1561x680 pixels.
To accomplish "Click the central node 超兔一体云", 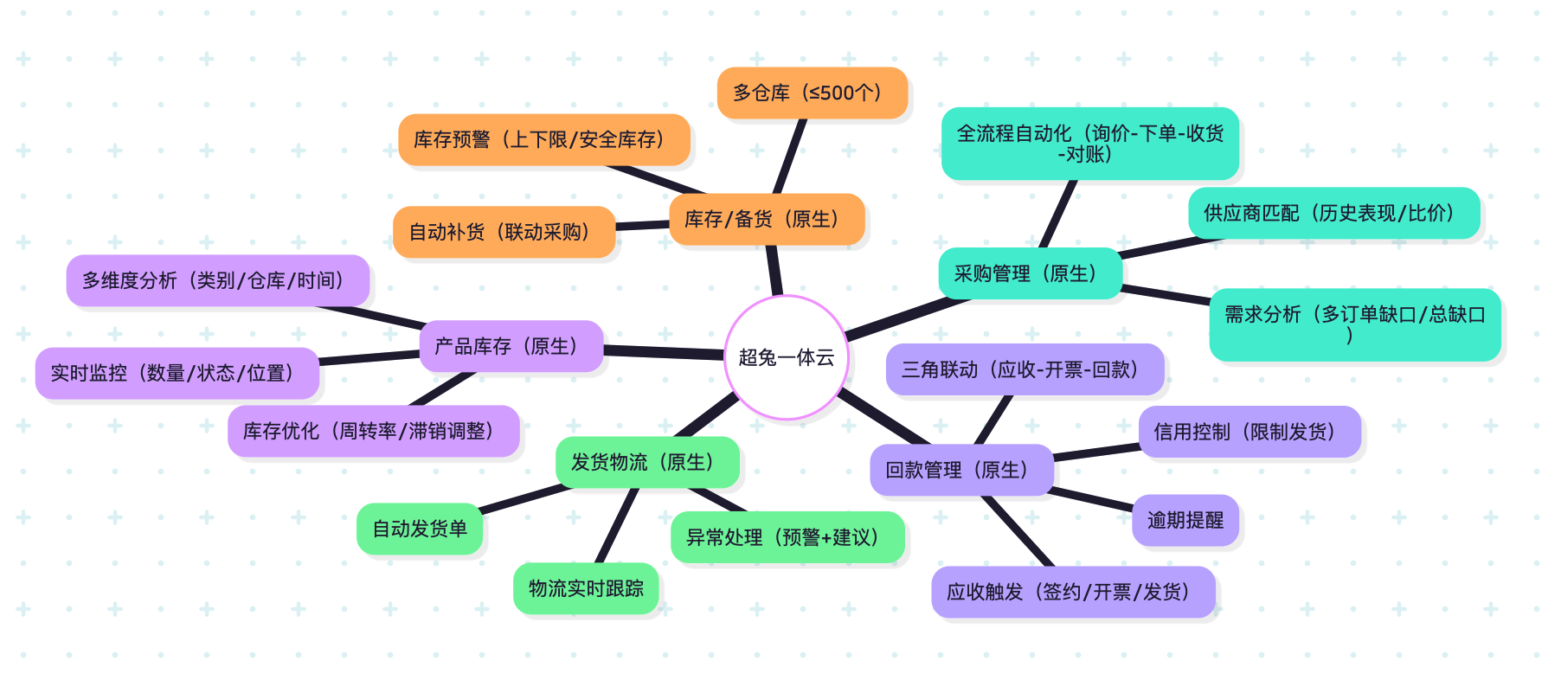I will [x=786, y=357].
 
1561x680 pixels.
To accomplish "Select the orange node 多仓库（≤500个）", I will [x=812, y=93].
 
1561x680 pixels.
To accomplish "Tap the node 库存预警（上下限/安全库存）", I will [x=543, y=139].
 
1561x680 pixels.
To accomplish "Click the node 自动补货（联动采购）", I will [x=504, y=232].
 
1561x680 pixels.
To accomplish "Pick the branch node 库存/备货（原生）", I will [x=766, y=219].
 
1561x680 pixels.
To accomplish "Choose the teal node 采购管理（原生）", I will [x=1030, y=273].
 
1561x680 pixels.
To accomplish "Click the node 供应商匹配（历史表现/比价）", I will [x=1333, y=213].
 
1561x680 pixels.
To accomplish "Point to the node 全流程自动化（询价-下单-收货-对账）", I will [x=1089, y=144].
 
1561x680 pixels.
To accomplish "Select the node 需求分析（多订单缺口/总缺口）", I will [x=1354, y=324].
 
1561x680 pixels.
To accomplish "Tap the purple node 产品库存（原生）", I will [x=511, y=346].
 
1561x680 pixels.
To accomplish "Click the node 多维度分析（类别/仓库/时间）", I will [x=217, y=280].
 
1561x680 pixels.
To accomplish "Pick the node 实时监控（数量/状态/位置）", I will [x=177, y=373].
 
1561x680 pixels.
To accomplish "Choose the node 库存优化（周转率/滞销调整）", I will [x=373, y=431].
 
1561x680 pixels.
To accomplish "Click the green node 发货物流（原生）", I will [x=646, y=462].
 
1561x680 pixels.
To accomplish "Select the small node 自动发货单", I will [x=419, y=529].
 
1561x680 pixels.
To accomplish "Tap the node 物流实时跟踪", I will [x=586, y=588].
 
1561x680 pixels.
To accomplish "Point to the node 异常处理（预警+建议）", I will [x=787, y=537].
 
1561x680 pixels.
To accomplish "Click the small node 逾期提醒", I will [x=1185, y=520].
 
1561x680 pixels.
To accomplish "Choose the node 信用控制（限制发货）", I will [x=1249, y=432].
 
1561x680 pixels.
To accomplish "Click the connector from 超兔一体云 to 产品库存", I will [x=663, y=351].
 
